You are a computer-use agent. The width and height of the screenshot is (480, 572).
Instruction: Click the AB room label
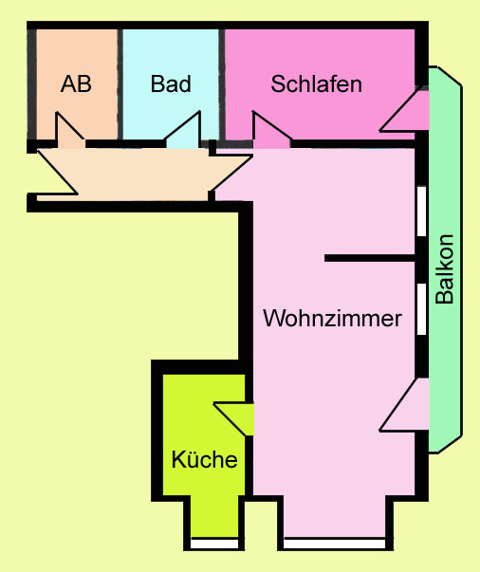pyautogui.click(x=76, y=83)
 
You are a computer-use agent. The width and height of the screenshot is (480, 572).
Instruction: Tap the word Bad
pyautogui.click(x=171, y=83)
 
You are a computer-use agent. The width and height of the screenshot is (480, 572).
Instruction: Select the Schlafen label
pyautogui.click(x=316, y=83)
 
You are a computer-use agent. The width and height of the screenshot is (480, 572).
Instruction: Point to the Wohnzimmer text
pyautogui.click(x=332, y=318)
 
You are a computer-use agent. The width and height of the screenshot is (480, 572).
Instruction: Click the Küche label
pyautogui.click(x=204, y=459)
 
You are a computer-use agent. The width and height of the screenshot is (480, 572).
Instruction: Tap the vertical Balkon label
pyautogui.click(x=445, y=269)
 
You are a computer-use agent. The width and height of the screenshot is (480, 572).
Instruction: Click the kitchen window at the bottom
pyautogui.click(x=214, y=544)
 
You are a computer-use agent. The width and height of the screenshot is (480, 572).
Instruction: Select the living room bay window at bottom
pyautogui.click(x=335, y=544)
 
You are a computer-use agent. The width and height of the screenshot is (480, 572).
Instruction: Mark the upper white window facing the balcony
pyautogui.click(x=421, y=212)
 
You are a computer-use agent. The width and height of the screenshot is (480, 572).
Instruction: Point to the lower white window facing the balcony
pyautogui.click(x=421, y=309)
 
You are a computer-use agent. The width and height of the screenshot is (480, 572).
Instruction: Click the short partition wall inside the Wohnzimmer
pyautogui.click(x=370, y=258)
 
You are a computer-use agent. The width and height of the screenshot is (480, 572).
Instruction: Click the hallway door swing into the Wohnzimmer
pyautogui.click(x=231, y=173)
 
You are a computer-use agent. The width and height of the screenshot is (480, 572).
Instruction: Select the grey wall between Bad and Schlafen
pyautogui.click(x=221, y=83)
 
